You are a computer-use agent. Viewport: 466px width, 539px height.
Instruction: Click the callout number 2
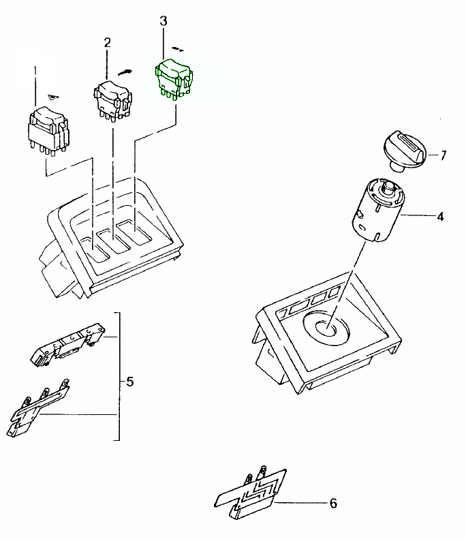click(107, 42)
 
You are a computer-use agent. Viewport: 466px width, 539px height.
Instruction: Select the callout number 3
click(163, 21)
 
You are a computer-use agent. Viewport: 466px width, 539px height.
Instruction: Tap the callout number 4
click(440, 217)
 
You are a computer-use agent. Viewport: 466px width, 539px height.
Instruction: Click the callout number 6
click(333, 504)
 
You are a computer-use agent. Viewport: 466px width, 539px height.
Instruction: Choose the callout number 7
click(443, 155)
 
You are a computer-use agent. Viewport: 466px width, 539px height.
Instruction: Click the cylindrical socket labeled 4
click(377, 209)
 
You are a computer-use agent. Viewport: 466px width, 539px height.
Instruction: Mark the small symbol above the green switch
click(178, 49)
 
